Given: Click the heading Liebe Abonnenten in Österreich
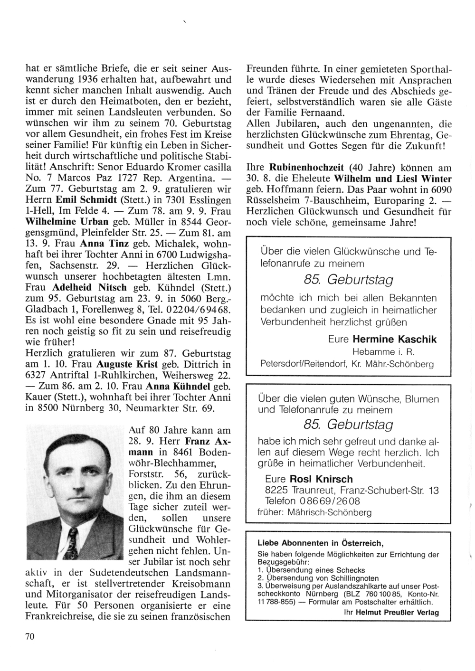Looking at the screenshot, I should click(320, 543).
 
